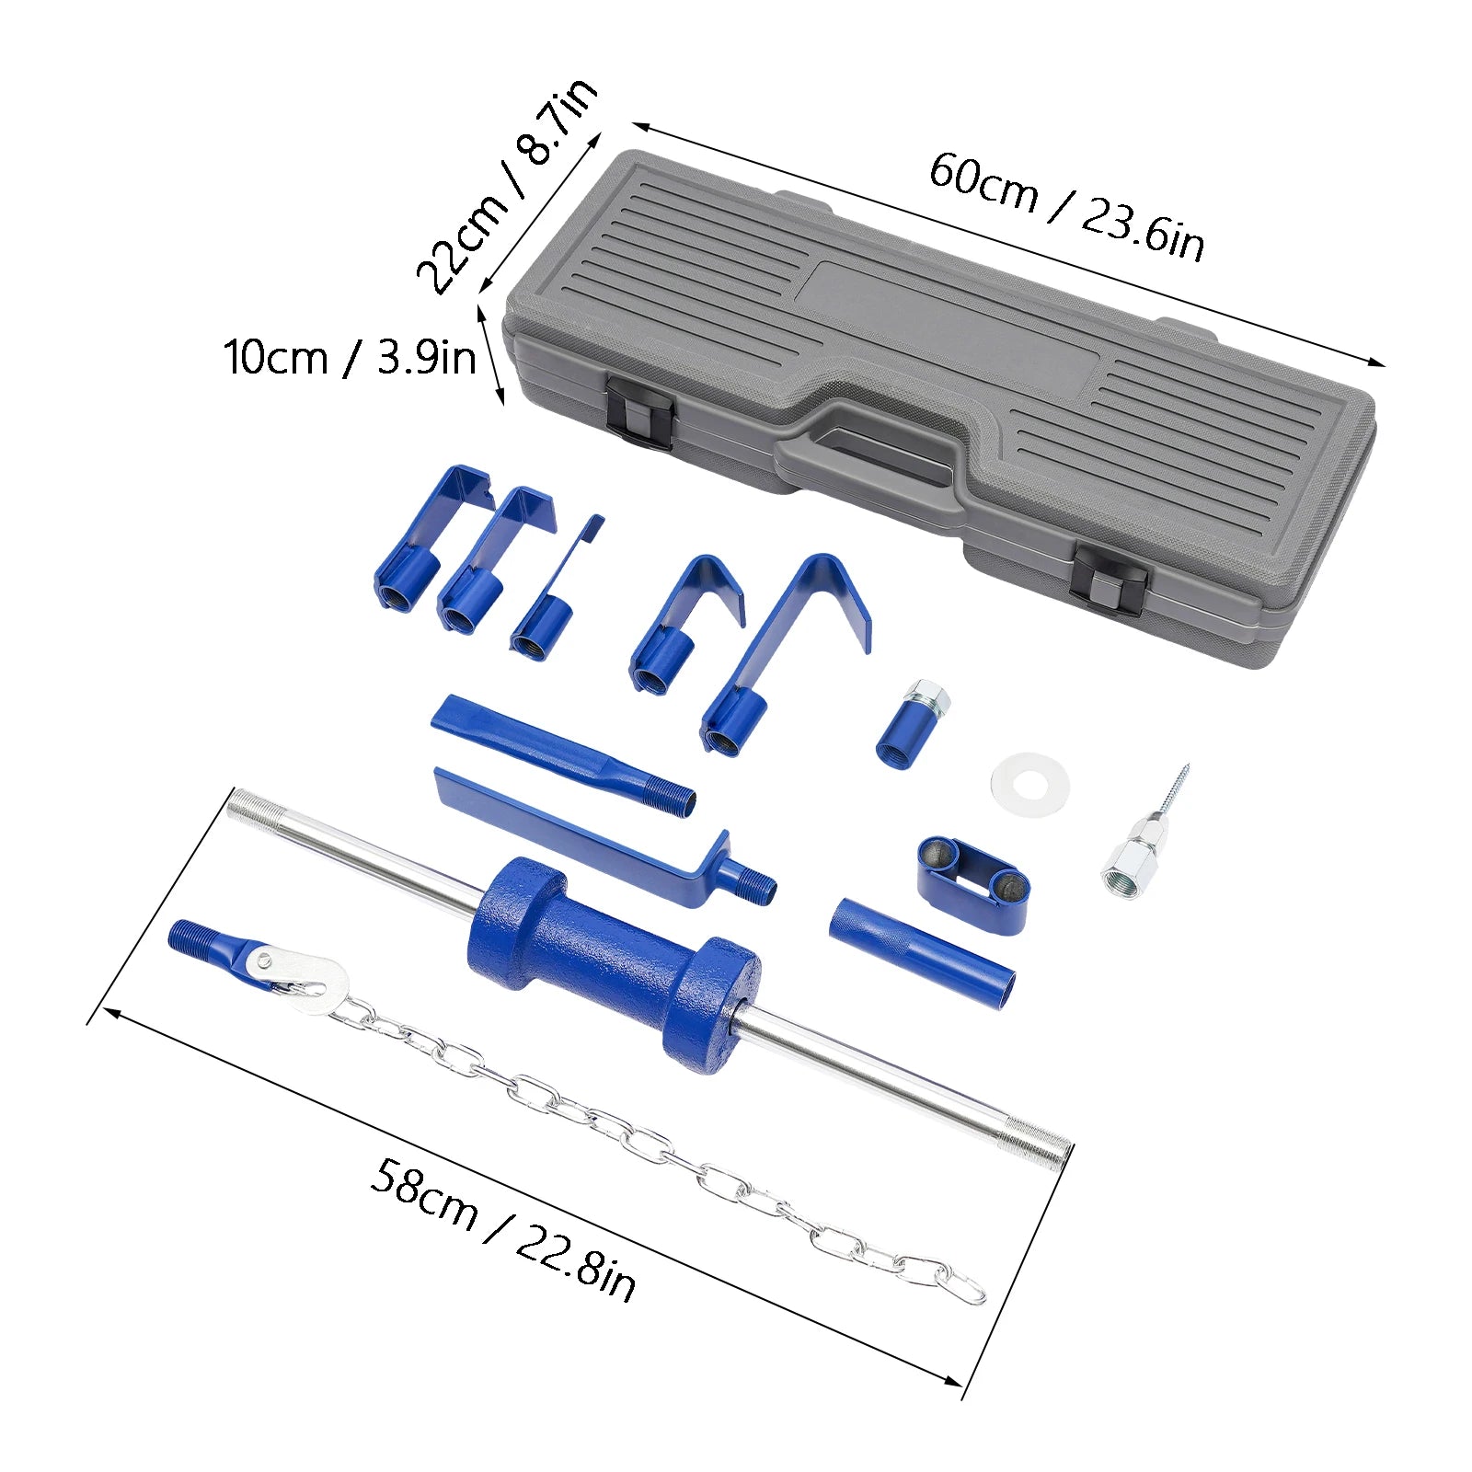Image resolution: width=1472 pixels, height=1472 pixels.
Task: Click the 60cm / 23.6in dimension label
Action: tap(1065, 208)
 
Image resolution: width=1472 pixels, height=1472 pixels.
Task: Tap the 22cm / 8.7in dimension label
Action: tap(507, 186)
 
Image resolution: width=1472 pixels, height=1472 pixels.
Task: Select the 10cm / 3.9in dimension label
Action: tap(350, 357)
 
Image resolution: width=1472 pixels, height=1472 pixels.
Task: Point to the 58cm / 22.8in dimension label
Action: tap(502, 1229)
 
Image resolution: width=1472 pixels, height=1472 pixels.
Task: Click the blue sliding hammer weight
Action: tap(615, 966)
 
